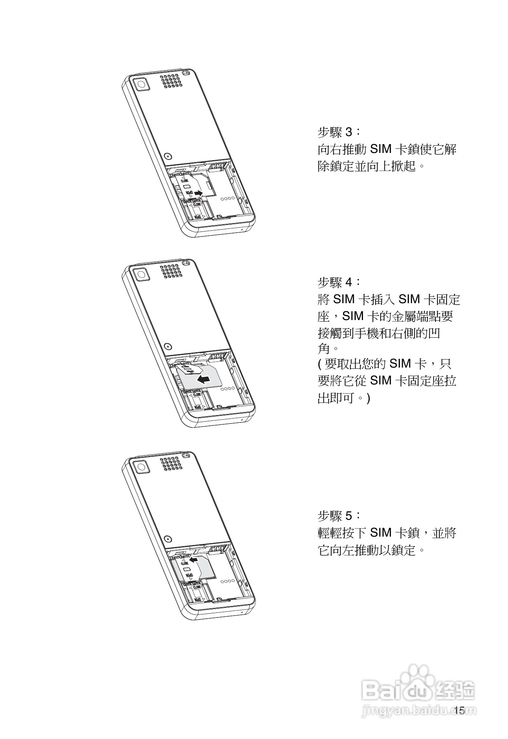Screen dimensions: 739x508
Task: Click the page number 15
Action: pos(459,710)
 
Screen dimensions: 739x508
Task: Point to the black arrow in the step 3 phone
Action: pos(198,193)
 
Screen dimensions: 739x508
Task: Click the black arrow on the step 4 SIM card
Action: pos(203,379)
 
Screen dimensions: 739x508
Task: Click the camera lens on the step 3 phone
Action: pos(141,84)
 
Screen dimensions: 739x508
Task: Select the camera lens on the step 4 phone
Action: pos(141,274)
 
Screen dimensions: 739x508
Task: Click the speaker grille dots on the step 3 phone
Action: pos(171,80)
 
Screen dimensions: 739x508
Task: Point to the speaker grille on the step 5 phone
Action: pos(171,463)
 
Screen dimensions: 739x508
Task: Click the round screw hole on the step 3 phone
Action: pos(167,156)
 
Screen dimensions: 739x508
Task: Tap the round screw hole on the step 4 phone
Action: pos(167,347)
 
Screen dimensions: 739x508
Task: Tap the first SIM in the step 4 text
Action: pos(343,299)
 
